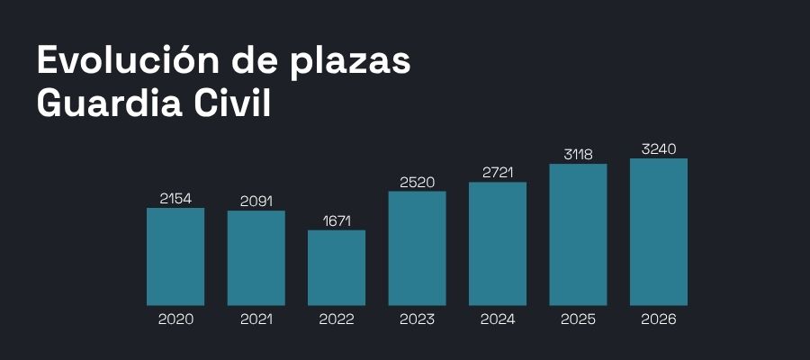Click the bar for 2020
[175, 256]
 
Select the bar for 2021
[256, 258]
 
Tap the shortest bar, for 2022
[337, 267]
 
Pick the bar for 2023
[417, 248]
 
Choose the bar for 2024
[498, 244]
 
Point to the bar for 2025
[578, 235]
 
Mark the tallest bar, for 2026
[659, 232]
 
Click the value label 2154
[175, 198]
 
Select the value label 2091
[256, 201]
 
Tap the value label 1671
[337, 220]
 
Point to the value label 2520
[417, 182]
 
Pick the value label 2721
[498, 172]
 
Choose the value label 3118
[578, 154]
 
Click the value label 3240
[659, 148]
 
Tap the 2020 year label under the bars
[175, 319]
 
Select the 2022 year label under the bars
[337, 319]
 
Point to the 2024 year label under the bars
[498, 319]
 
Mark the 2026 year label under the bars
[659, 319]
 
